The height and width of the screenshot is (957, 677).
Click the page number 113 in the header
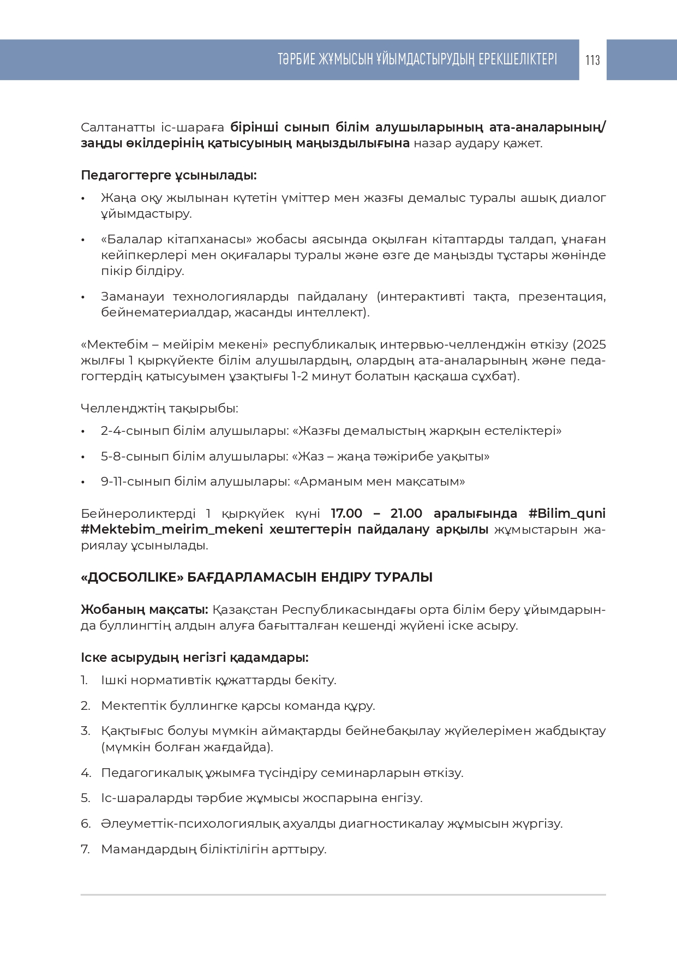point(592,60)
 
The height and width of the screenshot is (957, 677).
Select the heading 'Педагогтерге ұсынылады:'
point(169,176)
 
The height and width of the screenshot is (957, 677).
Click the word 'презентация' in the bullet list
point(561,297)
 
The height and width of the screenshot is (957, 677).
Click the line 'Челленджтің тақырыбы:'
point(159,408)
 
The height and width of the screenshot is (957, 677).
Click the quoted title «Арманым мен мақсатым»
point(379,482)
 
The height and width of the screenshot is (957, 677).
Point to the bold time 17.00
point(346,514)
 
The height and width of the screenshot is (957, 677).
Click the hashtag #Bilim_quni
point(567,514)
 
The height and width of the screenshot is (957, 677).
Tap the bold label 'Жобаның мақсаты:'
point(144,609)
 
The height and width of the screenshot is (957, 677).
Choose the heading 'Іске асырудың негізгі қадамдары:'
point(194,657)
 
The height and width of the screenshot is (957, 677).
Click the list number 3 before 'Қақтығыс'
point(85,731)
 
